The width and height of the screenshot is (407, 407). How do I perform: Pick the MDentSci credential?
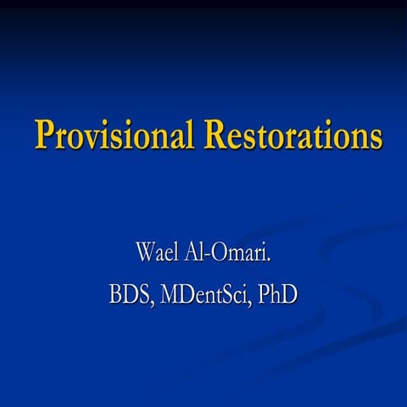[208, 296]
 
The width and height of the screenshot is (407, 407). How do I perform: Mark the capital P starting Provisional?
[44, 135]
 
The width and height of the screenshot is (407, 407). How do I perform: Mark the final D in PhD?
[289, 296]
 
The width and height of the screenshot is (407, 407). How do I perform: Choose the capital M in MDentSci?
[169, 296]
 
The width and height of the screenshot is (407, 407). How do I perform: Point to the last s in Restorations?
[374, 138]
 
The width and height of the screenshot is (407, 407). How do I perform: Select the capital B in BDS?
[116, 296]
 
